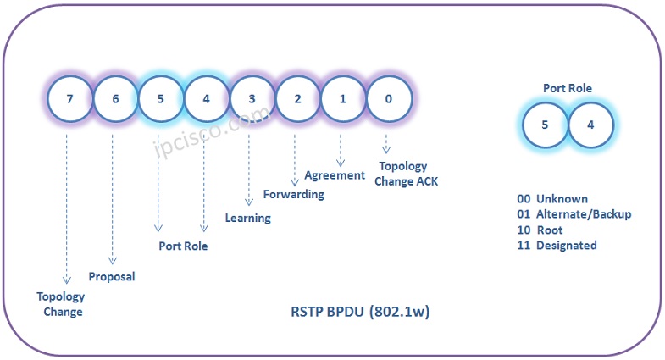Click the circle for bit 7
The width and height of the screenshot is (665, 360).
(70, 98)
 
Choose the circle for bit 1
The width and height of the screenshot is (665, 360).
(343, 98)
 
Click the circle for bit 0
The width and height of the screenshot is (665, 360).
(389, 98)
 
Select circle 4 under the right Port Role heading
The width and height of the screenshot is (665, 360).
(591, 125)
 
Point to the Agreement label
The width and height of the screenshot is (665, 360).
(335, 175)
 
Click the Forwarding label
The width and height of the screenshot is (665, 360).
(293, 195)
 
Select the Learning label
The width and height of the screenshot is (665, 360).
(247, 218)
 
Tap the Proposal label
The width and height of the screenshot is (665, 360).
(112, 276)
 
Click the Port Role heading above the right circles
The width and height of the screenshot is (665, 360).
(568, 87)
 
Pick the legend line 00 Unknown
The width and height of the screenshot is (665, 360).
(552, 199)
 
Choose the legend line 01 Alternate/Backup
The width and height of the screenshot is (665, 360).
(574, 214)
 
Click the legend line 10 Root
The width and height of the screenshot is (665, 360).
(540, 230)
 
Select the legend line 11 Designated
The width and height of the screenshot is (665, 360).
(557, 245)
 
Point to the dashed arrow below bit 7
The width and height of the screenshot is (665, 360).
(66, 212)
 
